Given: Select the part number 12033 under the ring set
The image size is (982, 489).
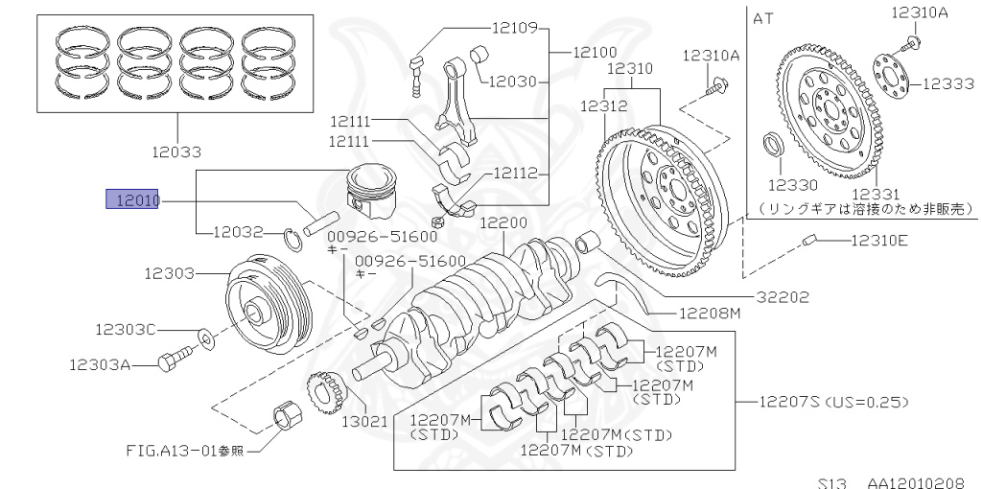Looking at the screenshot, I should (x=176, y=151).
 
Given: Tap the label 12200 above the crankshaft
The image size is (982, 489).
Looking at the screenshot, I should (x=504, y=223).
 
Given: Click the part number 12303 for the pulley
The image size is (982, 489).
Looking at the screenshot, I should (x=169, y=273).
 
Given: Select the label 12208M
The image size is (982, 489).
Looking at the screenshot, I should (x=711, y=313).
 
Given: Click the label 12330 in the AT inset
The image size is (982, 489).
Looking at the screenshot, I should (x=791, y=182).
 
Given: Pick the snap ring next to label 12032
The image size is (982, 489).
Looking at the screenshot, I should (x=295, y=237).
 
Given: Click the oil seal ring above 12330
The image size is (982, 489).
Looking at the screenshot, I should (x=772, y=146).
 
